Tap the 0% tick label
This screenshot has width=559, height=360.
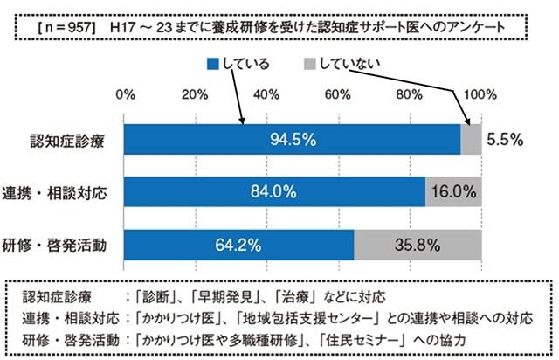125,94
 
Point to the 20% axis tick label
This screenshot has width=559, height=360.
196,94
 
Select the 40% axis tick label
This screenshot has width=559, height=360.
267,94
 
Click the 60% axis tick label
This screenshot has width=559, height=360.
339,94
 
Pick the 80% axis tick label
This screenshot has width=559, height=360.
411,94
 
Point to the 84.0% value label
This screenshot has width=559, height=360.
274,192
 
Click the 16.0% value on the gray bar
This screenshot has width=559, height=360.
453,192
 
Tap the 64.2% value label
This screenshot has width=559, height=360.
238,245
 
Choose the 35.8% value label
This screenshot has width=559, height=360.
418,245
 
